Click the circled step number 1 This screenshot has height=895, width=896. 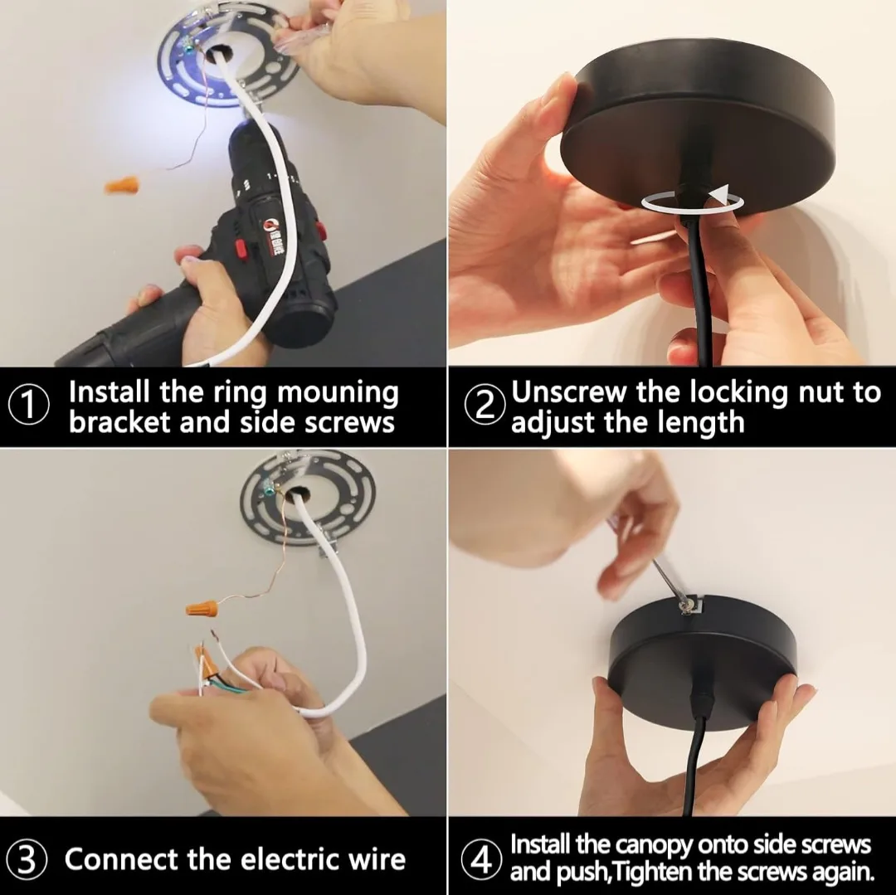(28, 406)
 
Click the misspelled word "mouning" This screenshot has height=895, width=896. (338, 392)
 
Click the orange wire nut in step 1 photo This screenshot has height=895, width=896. (122, 184)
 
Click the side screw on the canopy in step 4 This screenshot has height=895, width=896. (688, 608)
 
